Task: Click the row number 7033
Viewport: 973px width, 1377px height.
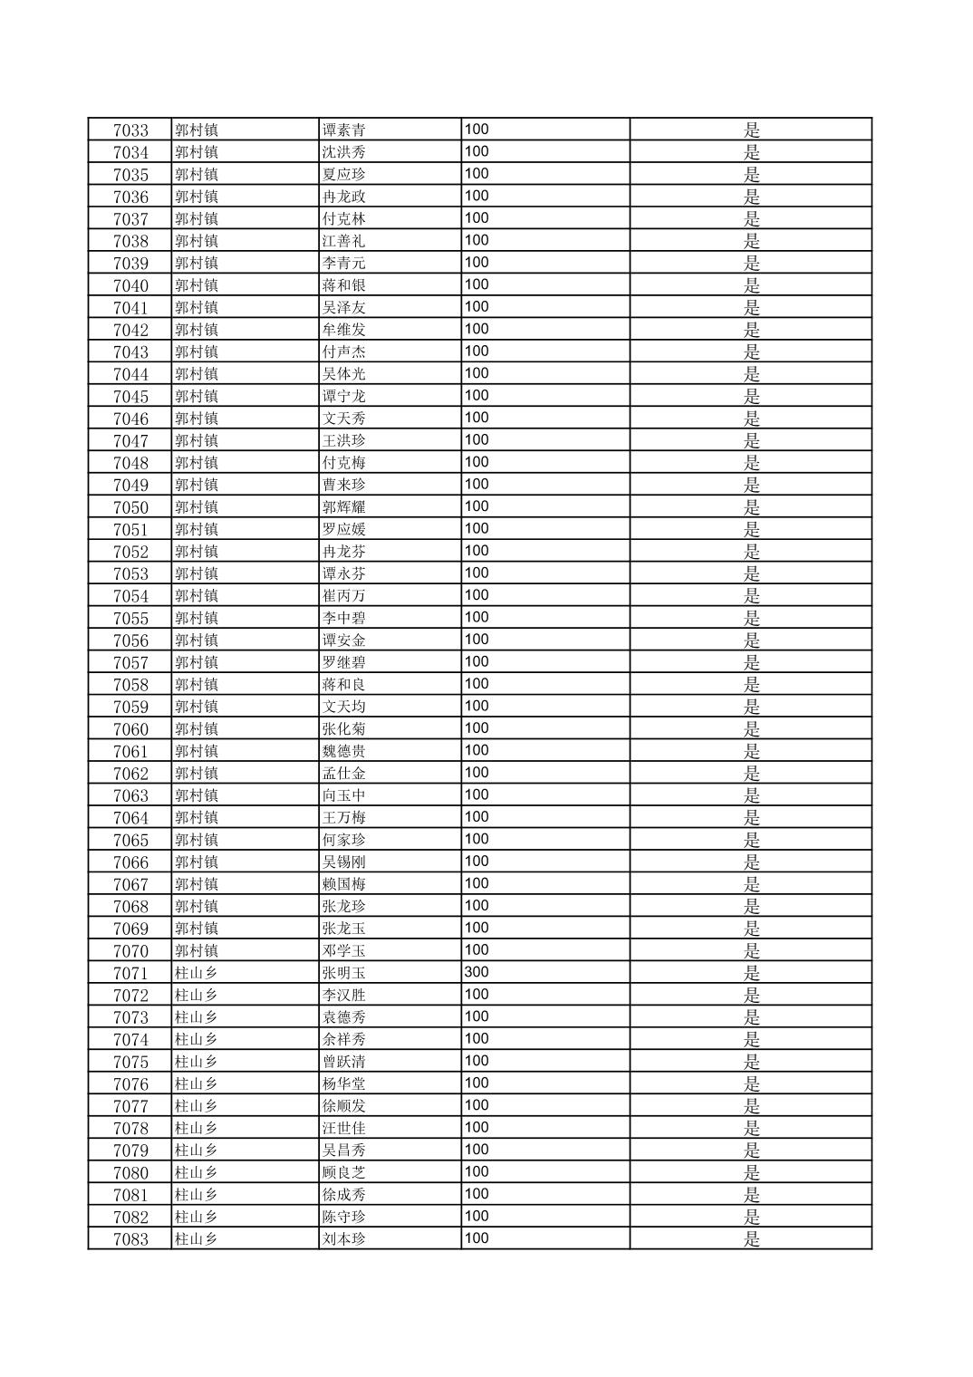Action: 130,130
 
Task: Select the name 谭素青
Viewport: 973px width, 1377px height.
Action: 344,130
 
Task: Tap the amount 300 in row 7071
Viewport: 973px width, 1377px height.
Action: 477,972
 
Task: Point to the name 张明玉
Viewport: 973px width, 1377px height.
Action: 344,973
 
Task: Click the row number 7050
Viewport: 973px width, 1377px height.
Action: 130,507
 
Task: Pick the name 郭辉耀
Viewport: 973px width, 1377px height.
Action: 344,507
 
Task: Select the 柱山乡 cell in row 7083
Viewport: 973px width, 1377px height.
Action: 197,1239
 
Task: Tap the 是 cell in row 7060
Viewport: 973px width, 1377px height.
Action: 752,729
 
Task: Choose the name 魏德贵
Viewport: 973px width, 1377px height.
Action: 344,751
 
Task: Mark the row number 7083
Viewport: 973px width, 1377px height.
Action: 130,1239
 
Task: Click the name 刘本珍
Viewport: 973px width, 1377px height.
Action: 344,1239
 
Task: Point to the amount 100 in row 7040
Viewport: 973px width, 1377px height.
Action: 477,284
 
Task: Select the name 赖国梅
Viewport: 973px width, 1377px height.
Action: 344,884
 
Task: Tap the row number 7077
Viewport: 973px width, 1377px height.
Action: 130,1106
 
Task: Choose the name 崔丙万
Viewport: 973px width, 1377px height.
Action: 344,596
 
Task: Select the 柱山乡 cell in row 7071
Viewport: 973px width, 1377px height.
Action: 197,973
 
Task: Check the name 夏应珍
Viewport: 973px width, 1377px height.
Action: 344,175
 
